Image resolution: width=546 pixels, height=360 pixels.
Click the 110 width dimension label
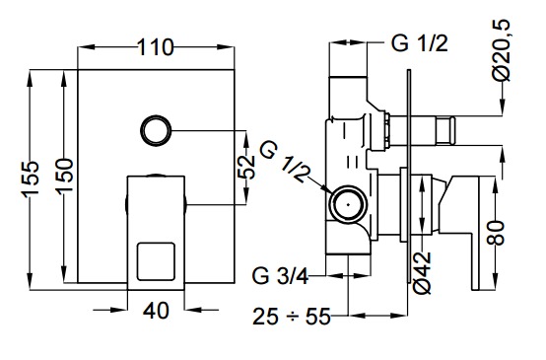click(156, 47)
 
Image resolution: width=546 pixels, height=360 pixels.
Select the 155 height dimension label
click(31, 180)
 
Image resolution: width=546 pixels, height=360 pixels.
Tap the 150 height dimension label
click(65, 175)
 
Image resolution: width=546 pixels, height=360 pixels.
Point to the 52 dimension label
click(246, 168)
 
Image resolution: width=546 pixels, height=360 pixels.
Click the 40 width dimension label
click(156, 311)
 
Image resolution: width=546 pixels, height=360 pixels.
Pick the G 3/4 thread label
click(280, 277)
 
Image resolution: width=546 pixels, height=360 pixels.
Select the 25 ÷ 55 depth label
click(291, 317)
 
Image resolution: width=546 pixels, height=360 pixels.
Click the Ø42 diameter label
click(423, 273)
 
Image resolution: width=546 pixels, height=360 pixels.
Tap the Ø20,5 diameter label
click(502, 50)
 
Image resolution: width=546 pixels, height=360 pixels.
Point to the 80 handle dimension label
click(496, 233)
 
